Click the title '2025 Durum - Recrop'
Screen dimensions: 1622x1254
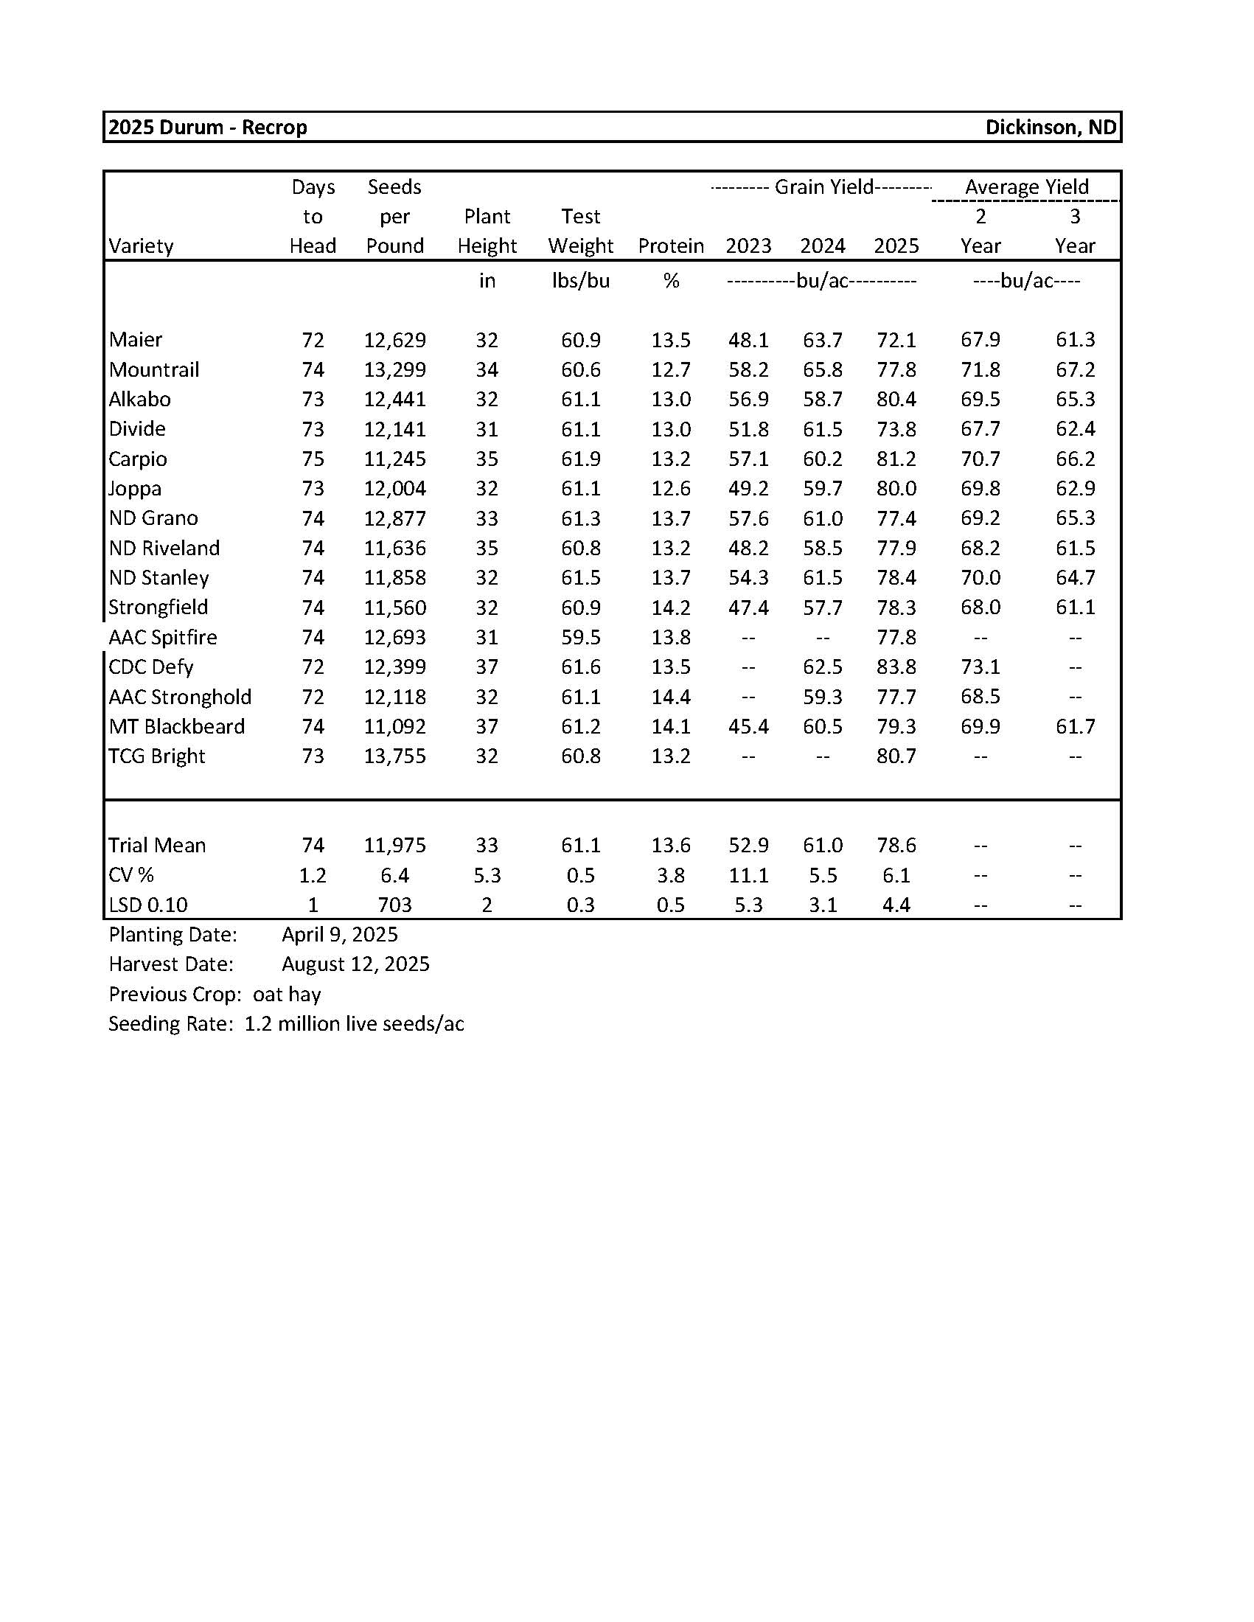[x=207, y=128]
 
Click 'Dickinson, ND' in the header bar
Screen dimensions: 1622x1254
[x=1050, y=128]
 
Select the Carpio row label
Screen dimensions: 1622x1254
[x=137, y=459]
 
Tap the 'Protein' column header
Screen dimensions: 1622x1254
[x=670, y=246]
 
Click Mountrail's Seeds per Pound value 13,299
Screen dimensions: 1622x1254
[x=394, y=370]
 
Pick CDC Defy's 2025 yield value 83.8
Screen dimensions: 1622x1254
[x=896, y=667]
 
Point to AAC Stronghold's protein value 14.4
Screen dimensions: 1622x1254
[x=670, y=697]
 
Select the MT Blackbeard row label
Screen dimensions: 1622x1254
[x=177, y=726]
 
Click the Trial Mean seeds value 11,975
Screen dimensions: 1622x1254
[x=394, y=845]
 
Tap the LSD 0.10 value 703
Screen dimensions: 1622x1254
[x=394, y=905]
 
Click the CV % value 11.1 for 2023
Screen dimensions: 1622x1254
[x=748, y=875]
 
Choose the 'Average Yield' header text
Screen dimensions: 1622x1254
[x=1026, y=187]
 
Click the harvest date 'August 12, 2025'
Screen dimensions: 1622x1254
[x=355, y=964]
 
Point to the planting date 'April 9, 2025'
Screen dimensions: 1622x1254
[x=339, y=934]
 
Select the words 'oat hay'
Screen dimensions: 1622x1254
[x=287, y=995]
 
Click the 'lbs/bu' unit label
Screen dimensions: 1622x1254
[x=580, y=281]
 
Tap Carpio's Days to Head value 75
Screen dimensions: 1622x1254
[x=313, y=459]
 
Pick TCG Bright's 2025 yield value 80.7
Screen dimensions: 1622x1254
[x=896, y=756]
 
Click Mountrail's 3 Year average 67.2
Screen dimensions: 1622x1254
[x=1074, y=370]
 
